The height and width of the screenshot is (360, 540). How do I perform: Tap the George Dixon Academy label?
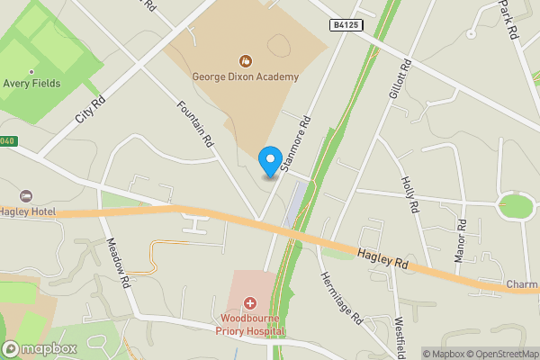coord(245,77)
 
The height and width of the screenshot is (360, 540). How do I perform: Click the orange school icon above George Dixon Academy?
coord(245,61)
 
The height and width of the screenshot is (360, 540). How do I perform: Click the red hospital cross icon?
coord(249,304)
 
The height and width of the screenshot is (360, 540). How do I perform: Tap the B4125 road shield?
coord(346,25)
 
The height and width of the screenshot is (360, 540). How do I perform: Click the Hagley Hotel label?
coord(27,211)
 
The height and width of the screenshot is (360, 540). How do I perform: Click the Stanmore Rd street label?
coord(296,144)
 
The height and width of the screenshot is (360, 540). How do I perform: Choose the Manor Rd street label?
coord(461,241)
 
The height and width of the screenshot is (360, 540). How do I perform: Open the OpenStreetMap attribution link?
coord(499,353)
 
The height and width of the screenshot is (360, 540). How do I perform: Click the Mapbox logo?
coord(40,348)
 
